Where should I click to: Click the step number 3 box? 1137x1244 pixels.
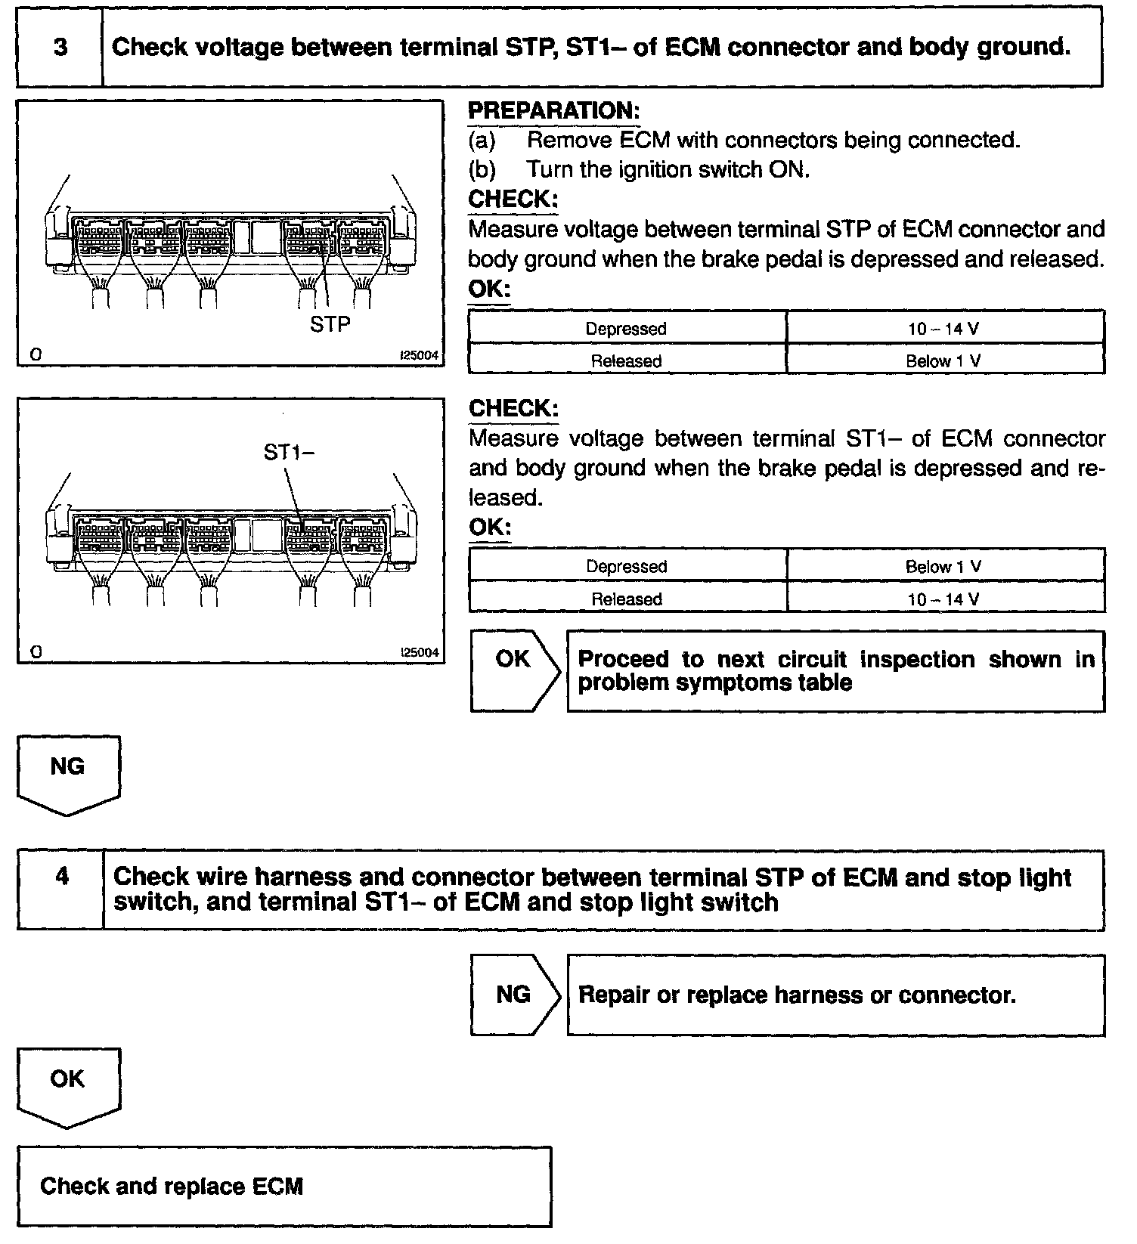pyautogui.click(x=60, y=48)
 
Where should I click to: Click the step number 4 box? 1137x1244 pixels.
pyautogui.click(x=61, y=877)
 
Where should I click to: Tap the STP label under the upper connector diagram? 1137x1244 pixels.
pyautogui.click(x=330, y=324)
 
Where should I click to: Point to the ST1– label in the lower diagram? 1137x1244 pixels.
pyautogui.click(x=288, y=452)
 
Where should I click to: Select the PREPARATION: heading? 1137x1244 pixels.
pyautogui.click(x=554, y=111)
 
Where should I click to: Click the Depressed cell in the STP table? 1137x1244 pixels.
pyautogui.click(x=626, y=329)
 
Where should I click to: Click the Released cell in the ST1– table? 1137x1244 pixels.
pyautogui.click(x=626, y=599)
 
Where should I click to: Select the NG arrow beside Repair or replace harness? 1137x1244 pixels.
pyautogui.click(x=514, y=995)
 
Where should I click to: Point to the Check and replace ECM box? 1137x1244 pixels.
pyautogui.click(x=283, y=1187)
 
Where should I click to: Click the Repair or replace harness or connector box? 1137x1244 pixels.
pyautogui.click(x=835, y=995)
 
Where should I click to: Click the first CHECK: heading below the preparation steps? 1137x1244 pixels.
pyautogui.click(x=513, y=200)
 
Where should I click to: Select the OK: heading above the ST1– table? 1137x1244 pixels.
pyautogui.click(x=489, y=527)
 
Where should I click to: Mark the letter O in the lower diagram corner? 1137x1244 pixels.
pyautogui.click(x=36, y=652)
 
